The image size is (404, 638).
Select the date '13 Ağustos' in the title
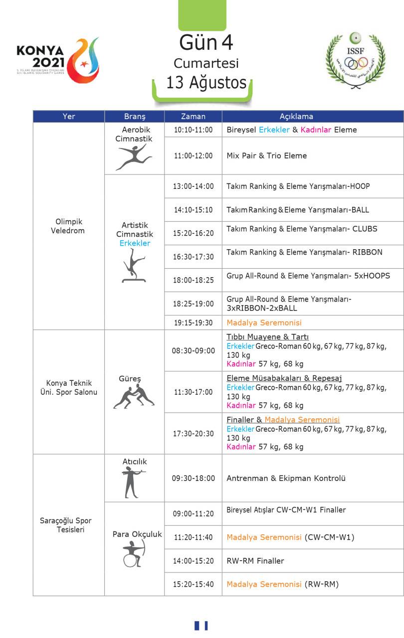(206, 82)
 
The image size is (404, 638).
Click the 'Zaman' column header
(193, 117)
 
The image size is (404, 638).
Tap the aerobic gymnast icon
(133, 158)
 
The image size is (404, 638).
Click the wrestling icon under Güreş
(134, 397)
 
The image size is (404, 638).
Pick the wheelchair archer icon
(133, 554)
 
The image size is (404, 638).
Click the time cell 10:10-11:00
(193, 130)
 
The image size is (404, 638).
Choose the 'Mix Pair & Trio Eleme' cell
(266, 156)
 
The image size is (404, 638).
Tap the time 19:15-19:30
(193, 323)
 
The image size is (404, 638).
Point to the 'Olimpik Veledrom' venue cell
(69, 226)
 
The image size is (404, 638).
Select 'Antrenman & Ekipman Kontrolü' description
(286, 478)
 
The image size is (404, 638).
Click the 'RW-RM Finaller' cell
(255, 561)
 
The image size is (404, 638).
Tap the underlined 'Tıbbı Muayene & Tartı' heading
(267, 337)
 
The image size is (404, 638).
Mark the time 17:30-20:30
(193, 434)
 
